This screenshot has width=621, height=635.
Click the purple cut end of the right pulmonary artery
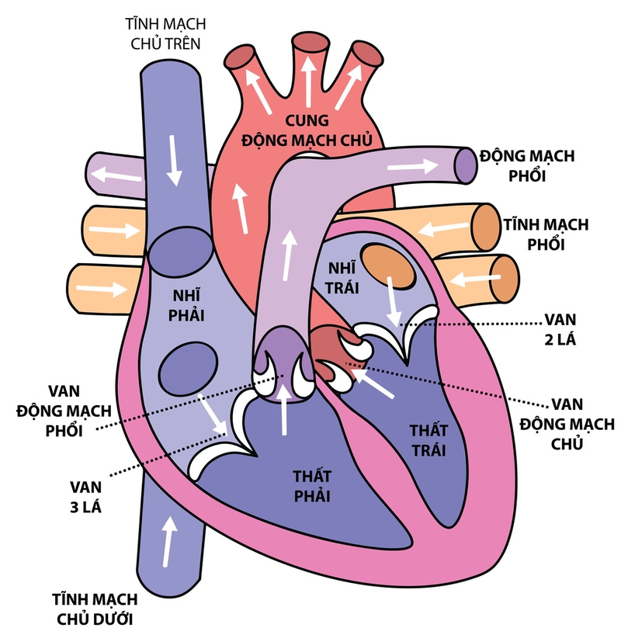464,165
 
